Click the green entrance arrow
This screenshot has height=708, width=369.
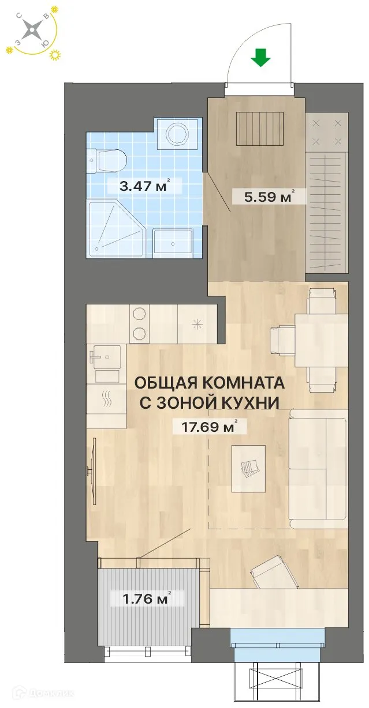[x=261, y=58]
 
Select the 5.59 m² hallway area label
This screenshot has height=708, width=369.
[x=266, y=196]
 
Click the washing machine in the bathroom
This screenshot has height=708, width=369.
[x=177, y=134]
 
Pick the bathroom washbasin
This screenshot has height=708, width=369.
[x=172, y=243]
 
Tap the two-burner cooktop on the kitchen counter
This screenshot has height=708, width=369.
[x=140, y=324]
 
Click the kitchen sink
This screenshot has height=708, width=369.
[x=105, y=357]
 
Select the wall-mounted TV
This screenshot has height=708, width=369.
[x=92, y=471]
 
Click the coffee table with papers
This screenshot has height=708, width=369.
[x=248, y=468]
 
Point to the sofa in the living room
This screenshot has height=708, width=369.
[x=318, y=468]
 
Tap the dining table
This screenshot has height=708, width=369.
[x=320, y=340]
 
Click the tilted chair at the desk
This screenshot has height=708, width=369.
[x=267, y=570]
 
